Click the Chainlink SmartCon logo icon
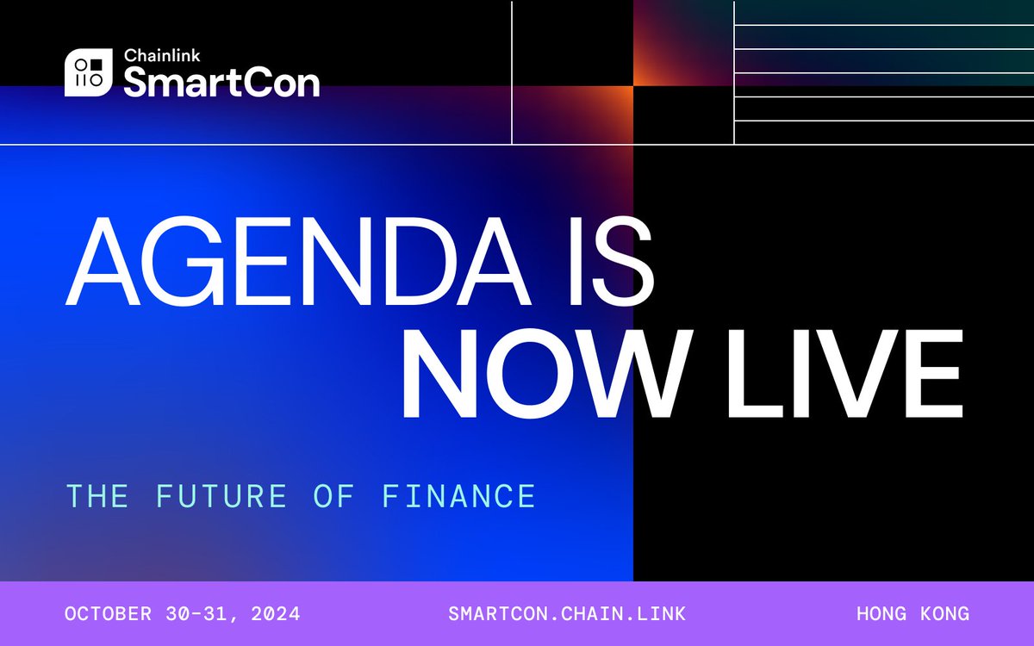[x=89, y=73]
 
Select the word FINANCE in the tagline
[x=458, y=496]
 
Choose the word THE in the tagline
[x=97, y=496]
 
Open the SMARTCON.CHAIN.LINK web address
[x=567, y=614]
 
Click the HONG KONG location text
[x=913, y=614]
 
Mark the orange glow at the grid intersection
[x=632, y=87]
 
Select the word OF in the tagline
[x=346, y=496]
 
